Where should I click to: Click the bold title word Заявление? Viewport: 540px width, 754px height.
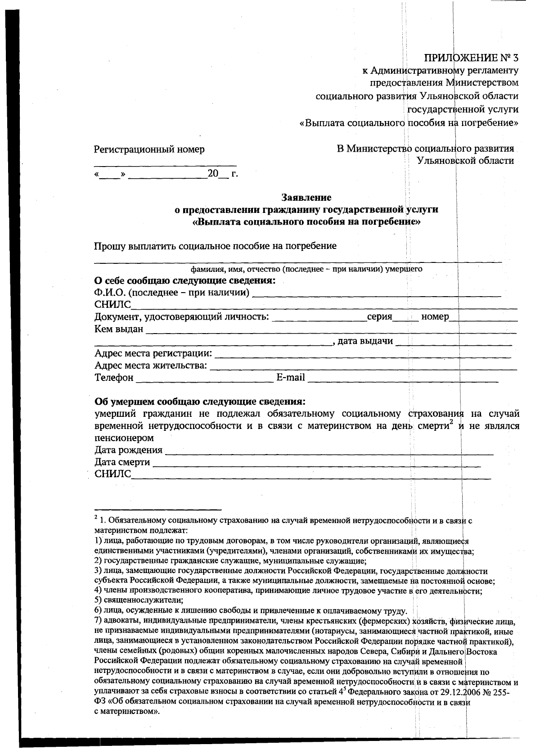pyautogui.click(x=306, y=197)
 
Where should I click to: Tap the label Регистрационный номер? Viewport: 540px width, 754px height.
pyautogui.click(x=149, y=149)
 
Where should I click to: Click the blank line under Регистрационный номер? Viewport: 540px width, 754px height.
pyautogui.click(x=165, y=165)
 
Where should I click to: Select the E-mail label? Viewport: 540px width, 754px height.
pyautogui.click(x=290, y=377)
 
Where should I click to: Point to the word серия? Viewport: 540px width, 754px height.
pyautogui.click(x=379, y=316)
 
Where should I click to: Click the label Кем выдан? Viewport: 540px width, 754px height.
pyautogui.click(x=119, y=329)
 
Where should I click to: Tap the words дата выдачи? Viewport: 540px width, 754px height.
pyautogui.click(x=365, y=341)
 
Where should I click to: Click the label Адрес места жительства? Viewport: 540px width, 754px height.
pyautogui.click(x=151, y=365)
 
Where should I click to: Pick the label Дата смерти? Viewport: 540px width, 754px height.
pyautogui.click(x=122, y=462)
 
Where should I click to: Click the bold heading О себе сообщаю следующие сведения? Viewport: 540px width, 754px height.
pyautogui.click(x=184, y=281)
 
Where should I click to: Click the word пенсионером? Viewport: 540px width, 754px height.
pyautogui.click(x=124, y=438)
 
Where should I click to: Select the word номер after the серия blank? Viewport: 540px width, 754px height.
pyautogui.click(x=435, y=316)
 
